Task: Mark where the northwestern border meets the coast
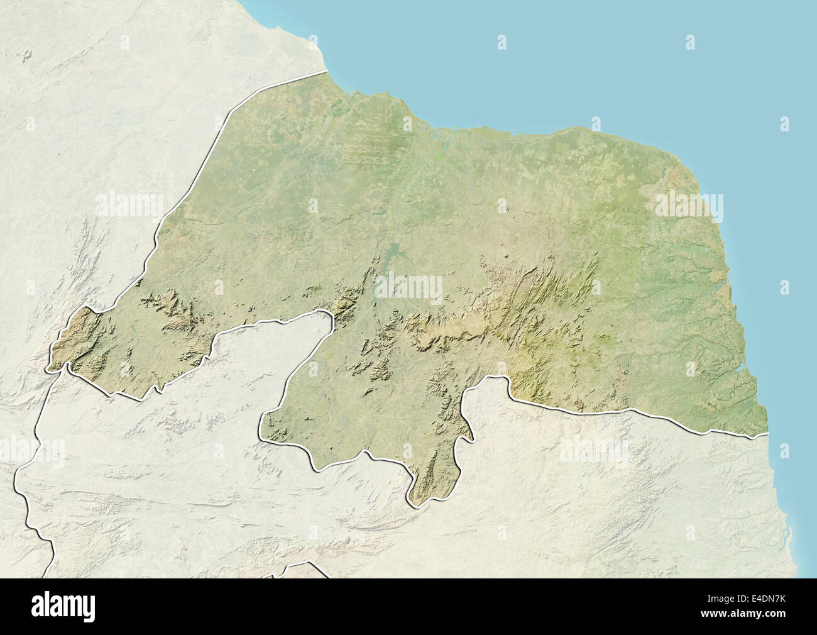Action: point(327,72)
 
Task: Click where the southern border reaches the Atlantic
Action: point(767,434)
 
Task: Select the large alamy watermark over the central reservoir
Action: point(409,287)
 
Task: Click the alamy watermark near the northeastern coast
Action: point(689,205)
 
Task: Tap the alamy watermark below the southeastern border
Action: point(593,451)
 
